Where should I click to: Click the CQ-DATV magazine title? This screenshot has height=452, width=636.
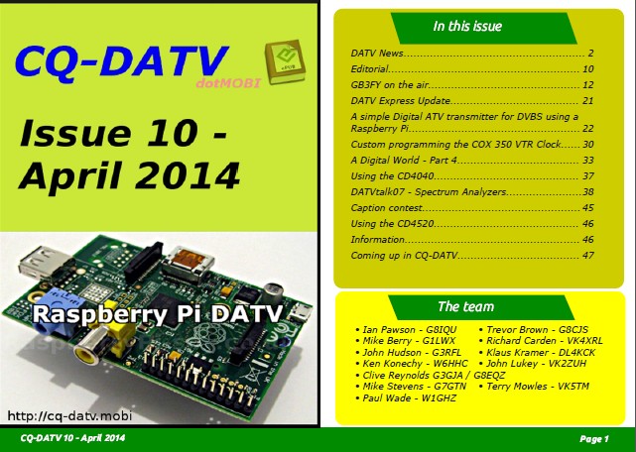coord(122,61)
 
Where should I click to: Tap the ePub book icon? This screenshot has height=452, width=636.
coord(285,61)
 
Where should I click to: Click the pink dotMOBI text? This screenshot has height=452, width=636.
coord(228,83)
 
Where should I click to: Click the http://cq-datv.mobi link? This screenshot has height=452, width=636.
coord(69,415)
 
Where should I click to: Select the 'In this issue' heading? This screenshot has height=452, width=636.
coord(467,27)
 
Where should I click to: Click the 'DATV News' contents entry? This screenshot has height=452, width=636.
coord(377,54)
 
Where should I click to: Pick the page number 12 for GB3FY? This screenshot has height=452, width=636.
coord(587,84)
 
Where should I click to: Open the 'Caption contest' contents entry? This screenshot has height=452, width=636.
coord(387,208)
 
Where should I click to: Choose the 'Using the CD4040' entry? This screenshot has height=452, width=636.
coord(392,175)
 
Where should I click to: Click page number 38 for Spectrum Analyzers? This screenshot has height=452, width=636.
coord(587,191)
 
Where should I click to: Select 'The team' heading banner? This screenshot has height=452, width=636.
coord(480,307)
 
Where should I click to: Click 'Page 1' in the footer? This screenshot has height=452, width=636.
coord(594,439)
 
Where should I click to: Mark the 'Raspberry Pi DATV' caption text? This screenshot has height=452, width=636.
coord(158,314)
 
